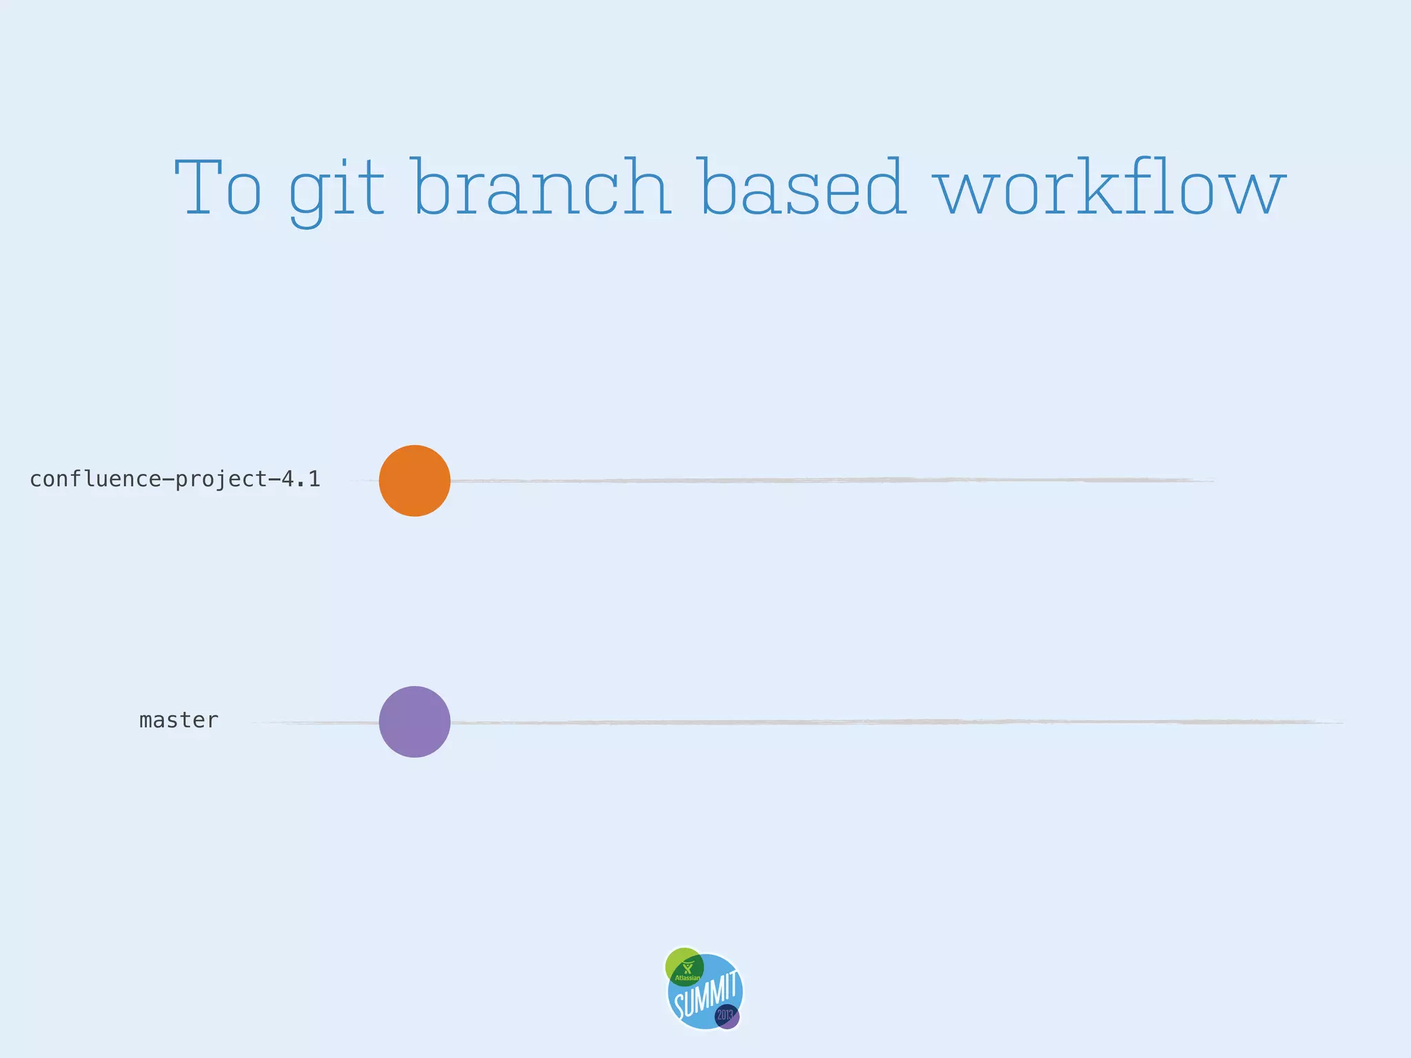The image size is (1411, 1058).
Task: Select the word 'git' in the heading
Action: (x=336, y=189)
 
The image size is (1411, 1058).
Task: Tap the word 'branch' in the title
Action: (x=542, y=187)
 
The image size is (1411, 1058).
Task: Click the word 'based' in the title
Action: (x=801, y=187)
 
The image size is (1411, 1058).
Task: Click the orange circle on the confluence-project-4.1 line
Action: (x=415, y=481)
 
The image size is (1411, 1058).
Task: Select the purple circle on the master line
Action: (x=415, y=722)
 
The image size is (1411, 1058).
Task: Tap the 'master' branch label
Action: (x=178, y=720)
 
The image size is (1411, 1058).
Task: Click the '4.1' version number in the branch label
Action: (x=301, y=479)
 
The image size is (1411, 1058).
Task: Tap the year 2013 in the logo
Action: (x=724, y=1015)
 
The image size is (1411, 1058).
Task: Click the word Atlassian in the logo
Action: (x=687, y=978)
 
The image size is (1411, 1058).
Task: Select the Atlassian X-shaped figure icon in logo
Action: (x=687, y=968)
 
